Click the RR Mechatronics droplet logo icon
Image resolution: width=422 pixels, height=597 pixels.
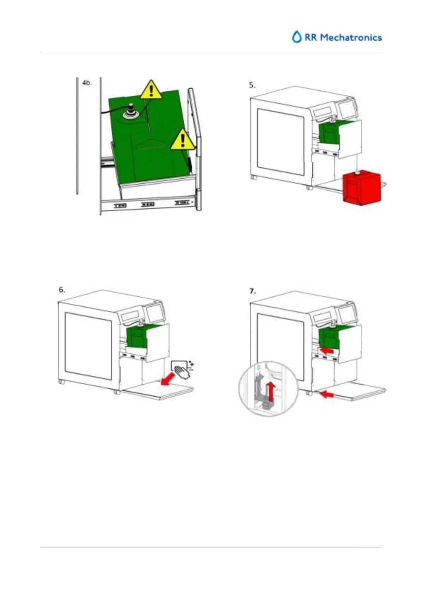tap(297, 37)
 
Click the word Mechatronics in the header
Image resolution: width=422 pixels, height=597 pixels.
tap(350, 38)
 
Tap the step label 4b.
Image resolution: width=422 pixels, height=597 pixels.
tap(87, 83)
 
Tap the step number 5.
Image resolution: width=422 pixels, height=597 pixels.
tap(252, 85)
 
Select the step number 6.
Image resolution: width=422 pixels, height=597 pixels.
tap(62, 290)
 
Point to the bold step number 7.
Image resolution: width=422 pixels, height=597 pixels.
tap(252, 291)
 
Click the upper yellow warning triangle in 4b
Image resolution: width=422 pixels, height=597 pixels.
tap(152, 90)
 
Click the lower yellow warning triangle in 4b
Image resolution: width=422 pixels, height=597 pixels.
tap(182, 139)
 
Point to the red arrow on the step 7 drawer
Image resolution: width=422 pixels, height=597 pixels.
tap(327, 350)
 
